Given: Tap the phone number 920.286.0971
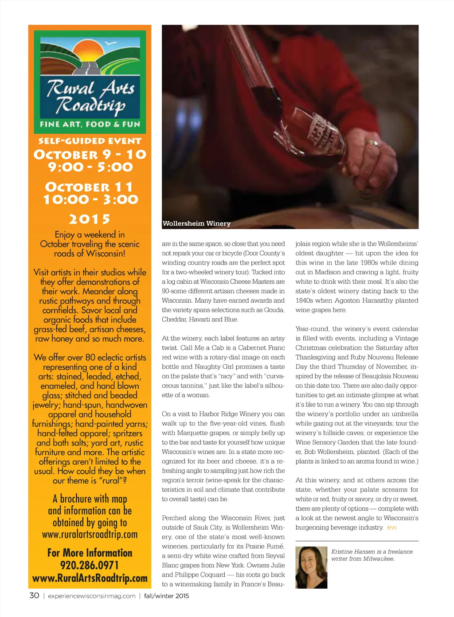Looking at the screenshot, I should pyautogui.click(x=90, y=565).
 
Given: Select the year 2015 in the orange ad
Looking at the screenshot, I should pyautogui.click(x=90, y=219).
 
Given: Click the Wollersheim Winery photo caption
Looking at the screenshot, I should pyautogui.click(x=196, y=223).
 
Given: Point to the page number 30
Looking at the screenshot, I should pyautogui.click(x=34, y=595).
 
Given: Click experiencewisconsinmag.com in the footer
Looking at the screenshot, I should pyautogui.click(x=92, y=596).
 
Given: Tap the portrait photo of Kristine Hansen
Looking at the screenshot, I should pyautogui.click(x=311, y=567).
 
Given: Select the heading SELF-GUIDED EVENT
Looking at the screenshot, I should pyautogui.click(x=90, y=141).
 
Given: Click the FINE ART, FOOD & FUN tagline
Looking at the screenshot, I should pyautogui.click(x=90, y=124).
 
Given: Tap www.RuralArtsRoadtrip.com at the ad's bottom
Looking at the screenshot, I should pyautogui.click(x=90, y=578).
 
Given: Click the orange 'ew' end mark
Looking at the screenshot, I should pyautogui.click(x=392, y=527).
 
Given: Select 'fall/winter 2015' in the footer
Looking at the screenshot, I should pyautogui.click(x=166, y=596).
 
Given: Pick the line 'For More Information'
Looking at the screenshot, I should pyautogui.click(x=90, y=553).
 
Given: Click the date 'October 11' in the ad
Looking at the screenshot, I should pyautogui.click(x=89, y=187).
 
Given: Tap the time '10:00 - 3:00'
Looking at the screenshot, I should pyautogui.click(x=90, y=199).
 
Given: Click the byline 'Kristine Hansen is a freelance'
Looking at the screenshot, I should pyautogui.click(x=372, y=552).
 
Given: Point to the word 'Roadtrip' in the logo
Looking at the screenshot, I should pyautogui.click(x=90, y=105).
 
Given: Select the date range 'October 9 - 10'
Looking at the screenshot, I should pyautogui.click(x=90, y=154).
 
